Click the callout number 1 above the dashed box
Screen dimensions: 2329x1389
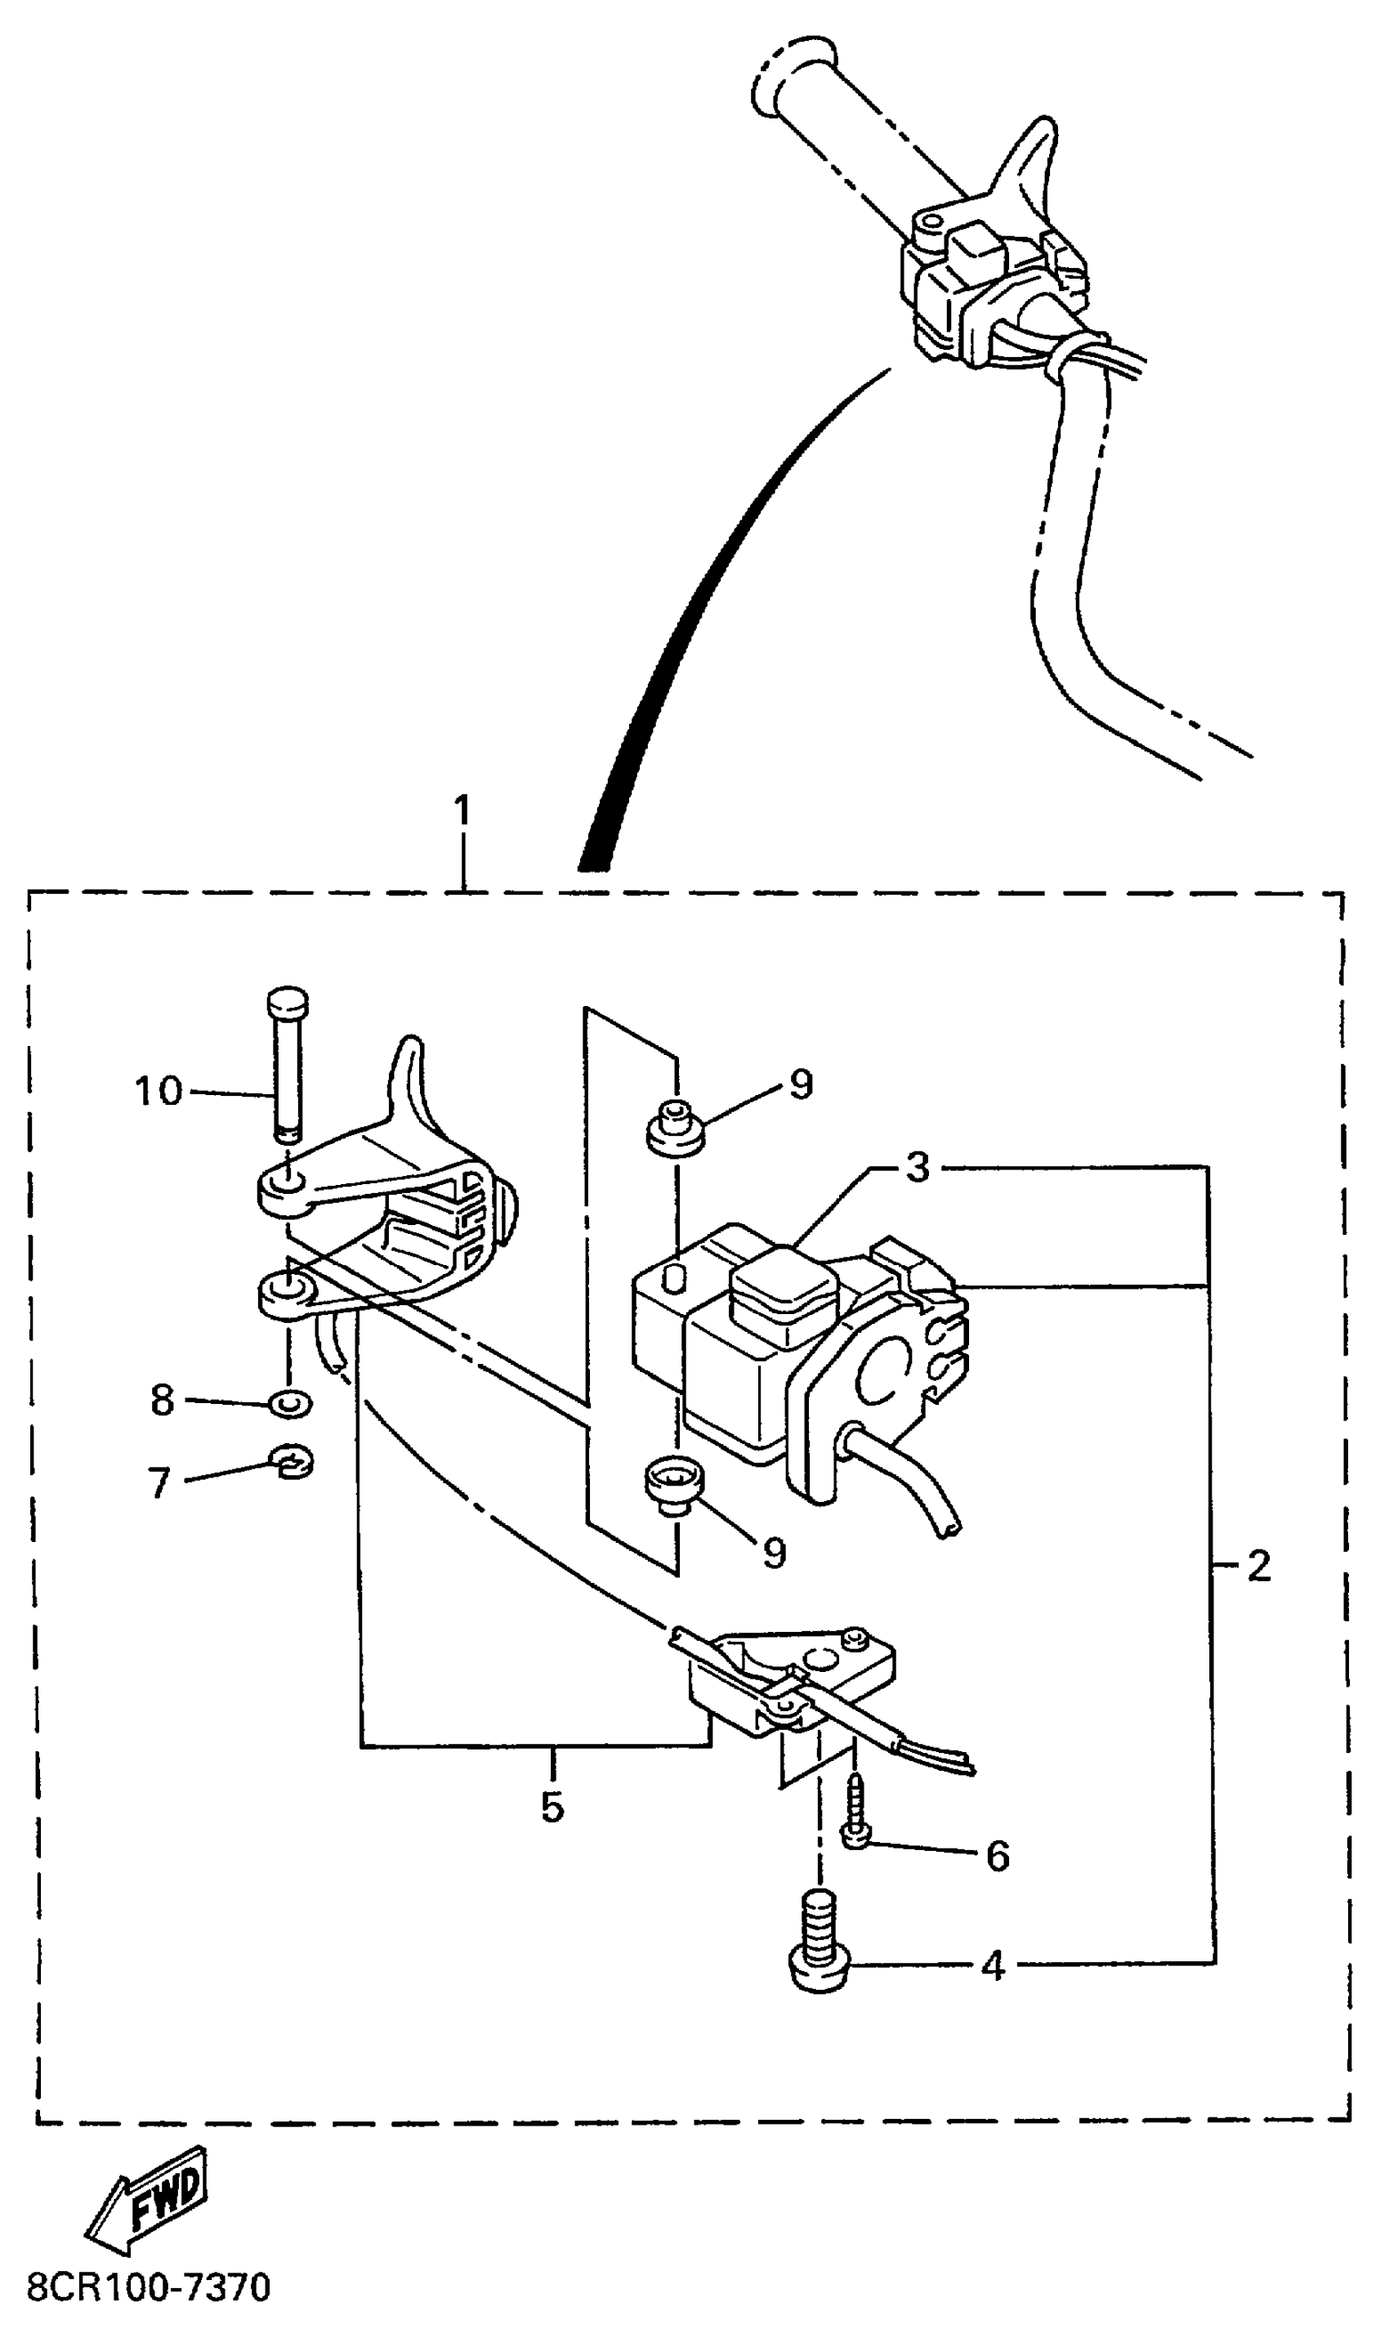click(x=462, y=811)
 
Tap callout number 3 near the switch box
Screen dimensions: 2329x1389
click(x=918, y=1167)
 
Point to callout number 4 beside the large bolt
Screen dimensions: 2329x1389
click(x=993, y=1967)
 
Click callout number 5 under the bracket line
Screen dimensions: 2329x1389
click(x=552, y=1807)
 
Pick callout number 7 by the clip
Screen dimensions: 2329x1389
click(x=159, y=1482)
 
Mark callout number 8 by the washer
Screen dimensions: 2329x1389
click(x=162, y=1401)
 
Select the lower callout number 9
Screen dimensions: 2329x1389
click(x=774, y=1552)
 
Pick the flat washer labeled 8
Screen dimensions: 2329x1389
click(x=290, y=1403)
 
